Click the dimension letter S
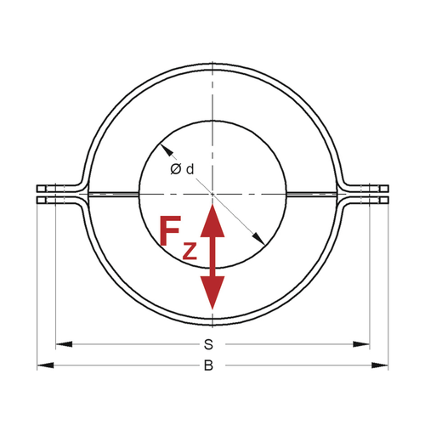[208, 344]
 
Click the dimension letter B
[208, 365]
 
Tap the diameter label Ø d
[182, 169]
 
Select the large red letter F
[170, 231]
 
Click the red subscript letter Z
[190, 251]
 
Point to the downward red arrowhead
[212, 292]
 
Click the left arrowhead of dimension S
[64, 344]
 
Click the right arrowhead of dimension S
[361, 344]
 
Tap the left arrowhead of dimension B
[45, 365]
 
